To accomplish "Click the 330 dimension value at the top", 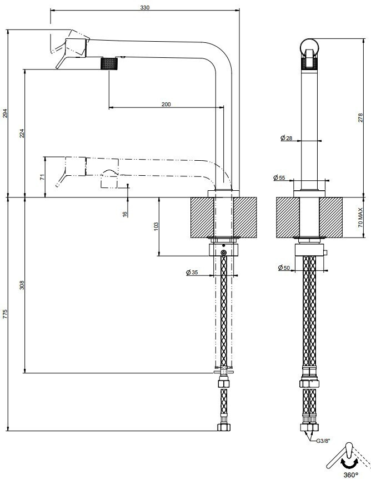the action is (145, 8).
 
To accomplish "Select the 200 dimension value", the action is (166, 105).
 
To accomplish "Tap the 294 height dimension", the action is (4, 113).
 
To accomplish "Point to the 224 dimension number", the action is (22, 133).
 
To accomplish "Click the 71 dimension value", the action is (42, 177).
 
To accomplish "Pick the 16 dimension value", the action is (125, 214).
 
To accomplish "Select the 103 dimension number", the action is (157, 226).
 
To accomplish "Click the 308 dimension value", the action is (22, 285).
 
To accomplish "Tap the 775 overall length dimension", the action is (4, 314).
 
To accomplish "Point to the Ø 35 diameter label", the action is (192, 272).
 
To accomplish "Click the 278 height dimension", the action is (360, 118).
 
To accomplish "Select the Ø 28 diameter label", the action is (286, 138).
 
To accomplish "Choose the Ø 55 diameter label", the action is (279, 177).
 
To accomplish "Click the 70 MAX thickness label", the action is (360, 217).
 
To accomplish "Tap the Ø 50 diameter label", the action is (284, 268).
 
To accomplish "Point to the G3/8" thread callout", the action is (323, 441).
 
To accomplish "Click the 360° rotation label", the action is (351, 475).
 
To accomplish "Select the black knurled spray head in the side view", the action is (108, 64).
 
